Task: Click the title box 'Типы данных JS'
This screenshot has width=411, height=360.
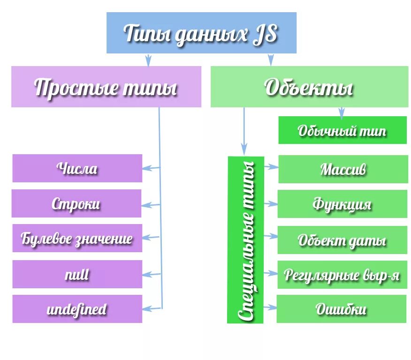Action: click(201, 33)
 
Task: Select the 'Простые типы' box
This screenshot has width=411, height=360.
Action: click(106, 87)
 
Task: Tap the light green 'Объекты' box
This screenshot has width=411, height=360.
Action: click(309, 87)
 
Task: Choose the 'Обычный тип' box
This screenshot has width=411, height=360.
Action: click(342, 130)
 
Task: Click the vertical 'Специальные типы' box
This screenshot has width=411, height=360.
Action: click(246, 240)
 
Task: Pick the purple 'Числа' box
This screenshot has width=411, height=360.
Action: click(77, 168)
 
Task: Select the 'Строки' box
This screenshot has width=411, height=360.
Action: click(76, 203)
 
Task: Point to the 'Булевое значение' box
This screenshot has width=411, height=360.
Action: click(77, 239)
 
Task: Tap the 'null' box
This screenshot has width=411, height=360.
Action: click(77, 274)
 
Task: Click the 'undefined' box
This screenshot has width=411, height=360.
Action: click(77, 309)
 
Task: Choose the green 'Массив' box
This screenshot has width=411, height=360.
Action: click(343, 169)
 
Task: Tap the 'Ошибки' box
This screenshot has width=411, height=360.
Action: click(341, 309)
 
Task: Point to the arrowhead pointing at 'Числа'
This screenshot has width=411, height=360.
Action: click(146, 168)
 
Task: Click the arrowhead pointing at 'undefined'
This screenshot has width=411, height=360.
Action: click(146, 308)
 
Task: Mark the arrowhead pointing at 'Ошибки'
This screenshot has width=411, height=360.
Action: click(273, 307)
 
